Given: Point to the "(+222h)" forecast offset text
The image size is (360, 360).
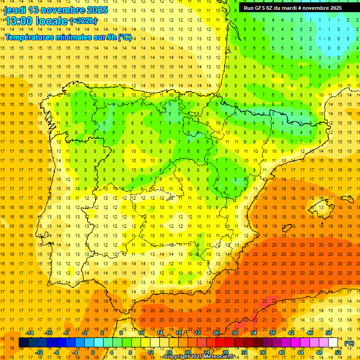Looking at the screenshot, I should tap(83, 21).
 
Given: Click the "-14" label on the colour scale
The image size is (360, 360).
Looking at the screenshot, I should tap(29, 333).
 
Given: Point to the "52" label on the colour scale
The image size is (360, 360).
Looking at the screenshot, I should tap(338, 352).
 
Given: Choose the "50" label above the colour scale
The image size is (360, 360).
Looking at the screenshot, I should tap(329, 333).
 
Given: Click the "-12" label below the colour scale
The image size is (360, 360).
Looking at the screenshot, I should tap(38, 352).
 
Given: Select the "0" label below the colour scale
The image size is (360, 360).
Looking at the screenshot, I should tap(92, 352).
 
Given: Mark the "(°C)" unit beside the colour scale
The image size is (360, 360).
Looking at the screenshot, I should tap(349, 343).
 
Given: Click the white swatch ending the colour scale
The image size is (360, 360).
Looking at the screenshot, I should tap(333, 343).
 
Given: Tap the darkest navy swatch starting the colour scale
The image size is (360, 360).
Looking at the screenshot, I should tap(23, 343).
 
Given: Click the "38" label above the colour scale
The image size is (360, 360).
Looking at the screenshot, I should tap(272, 333).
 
